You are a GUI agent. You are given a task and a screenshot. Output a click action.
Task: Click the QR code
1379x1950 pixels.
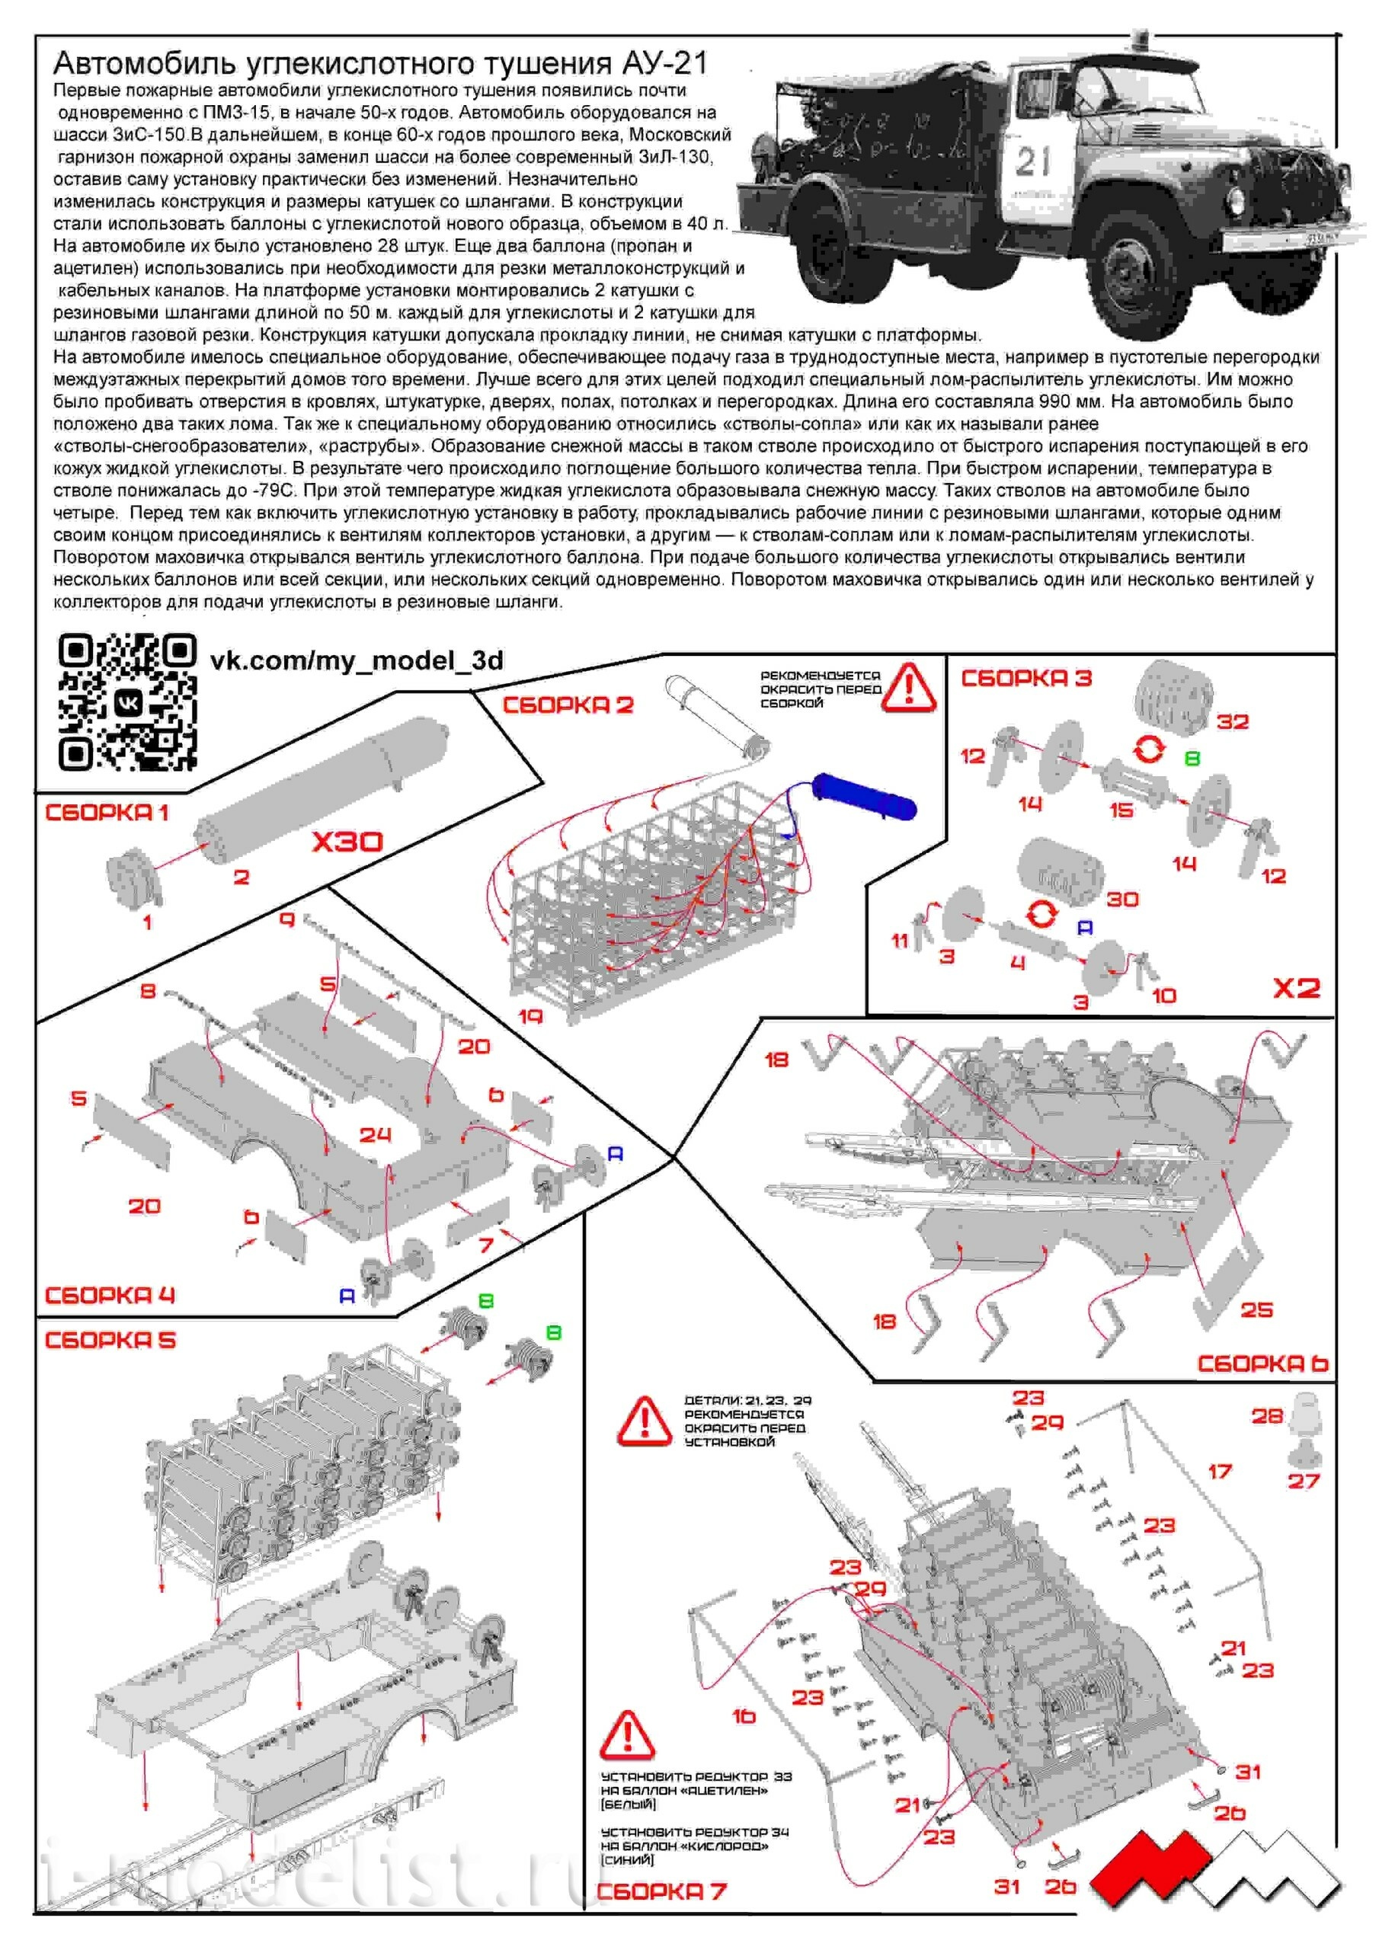coord(127,702)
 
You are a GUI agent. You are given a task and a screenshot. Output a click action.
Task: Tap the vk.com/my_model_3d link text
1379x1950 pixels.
coord(356,660)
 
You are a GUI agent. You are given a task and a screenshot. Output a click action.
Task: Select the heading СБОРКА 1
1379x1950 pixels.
coord(107,812)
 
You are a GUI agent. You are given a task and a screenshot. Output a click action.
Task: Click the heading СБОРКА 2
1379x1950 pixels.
coord(568,705)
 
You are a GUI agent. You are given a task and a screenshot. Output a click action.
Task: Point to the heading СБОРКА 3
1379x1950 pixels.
coord(1025,678)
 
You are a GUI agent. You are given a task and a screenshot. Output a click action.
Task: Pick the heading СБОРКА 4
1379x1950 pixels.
coord(110,1295)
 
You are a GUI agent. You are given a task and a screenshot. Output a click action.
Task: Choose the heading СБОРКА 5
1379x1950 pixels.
coord(110,1340)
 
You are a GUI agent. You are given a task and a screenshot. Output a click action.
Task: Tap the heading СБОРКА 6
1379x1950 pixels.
coord(1262,1363)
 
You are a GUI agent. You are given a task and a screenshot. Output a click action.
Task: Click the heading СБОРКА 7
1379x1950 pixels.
coord(661,1891)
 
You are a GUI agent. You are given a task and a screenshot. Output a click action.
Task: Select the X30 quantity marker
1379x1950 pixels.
coord(347,842)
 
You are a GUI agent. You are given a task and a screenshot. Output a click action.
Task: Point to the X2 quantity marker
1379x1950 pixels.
coord(1297,988)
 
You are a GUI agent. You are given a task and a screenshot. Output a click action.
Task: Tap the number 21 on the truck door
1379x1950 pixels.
coord(1033,161)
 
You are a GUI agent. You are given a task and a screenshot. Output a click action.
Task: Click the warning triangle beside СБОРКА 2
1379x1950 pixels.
coord(908,687)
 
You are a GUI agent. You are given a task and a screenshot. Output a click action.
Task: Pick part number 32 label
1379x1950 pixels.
coord(1232,722)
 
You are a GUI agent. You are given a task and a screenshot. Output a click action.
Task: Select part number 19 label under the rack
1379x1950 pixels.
coord(530,1016)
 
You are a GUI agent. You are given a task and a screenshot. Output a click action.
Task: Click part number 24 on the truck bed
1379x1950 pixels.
coord(375,1135)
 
